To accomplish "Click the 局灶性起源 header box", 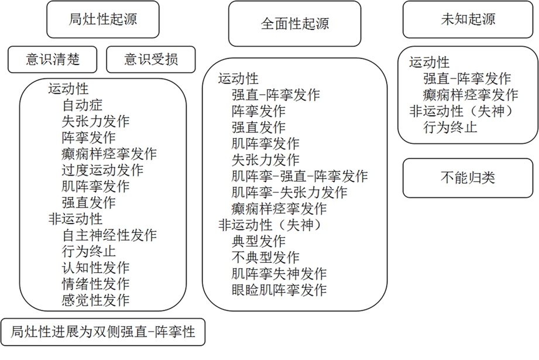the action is [x=103, y=19].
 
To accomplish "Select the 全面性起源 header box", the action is [x=294, y=24].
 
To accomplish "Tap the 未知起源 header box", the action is [x=468, y=19].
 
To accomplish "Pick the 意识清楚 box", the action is [x=52, y=60].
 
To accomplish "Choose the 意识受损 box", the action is [x=151, y=60].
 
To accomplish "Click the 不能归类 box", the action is [x=468, y=178].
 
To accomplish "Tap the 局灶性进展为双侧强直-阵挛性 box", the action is [x=103, y=332].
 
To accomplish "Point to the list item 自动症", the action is [x=82, y=105].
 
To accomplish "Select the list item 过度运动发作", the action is [x=102, y=170].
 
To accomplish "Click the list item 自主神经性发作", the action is [x=109, y=235].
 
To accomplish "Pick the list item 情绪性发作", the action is [x=95, y=284].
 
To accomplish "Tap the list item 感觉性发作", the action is [x=95, y=300].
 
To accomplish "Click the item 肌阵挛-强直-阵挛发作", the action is [x=300, y=176].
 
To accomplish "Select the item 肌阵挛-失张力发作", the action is [x=289, y=192].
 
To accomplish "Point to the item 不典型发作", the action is [x=265, y=257].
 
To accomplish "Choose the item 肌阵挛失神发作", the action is [x=279, y=274].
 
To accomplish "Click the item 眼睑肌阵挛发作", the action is [x=279, y=290].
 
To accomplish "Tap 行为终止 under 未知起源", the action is [x=450, y=127].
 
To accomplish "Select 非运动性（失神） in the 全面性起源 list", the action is [x=270, y=225].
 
